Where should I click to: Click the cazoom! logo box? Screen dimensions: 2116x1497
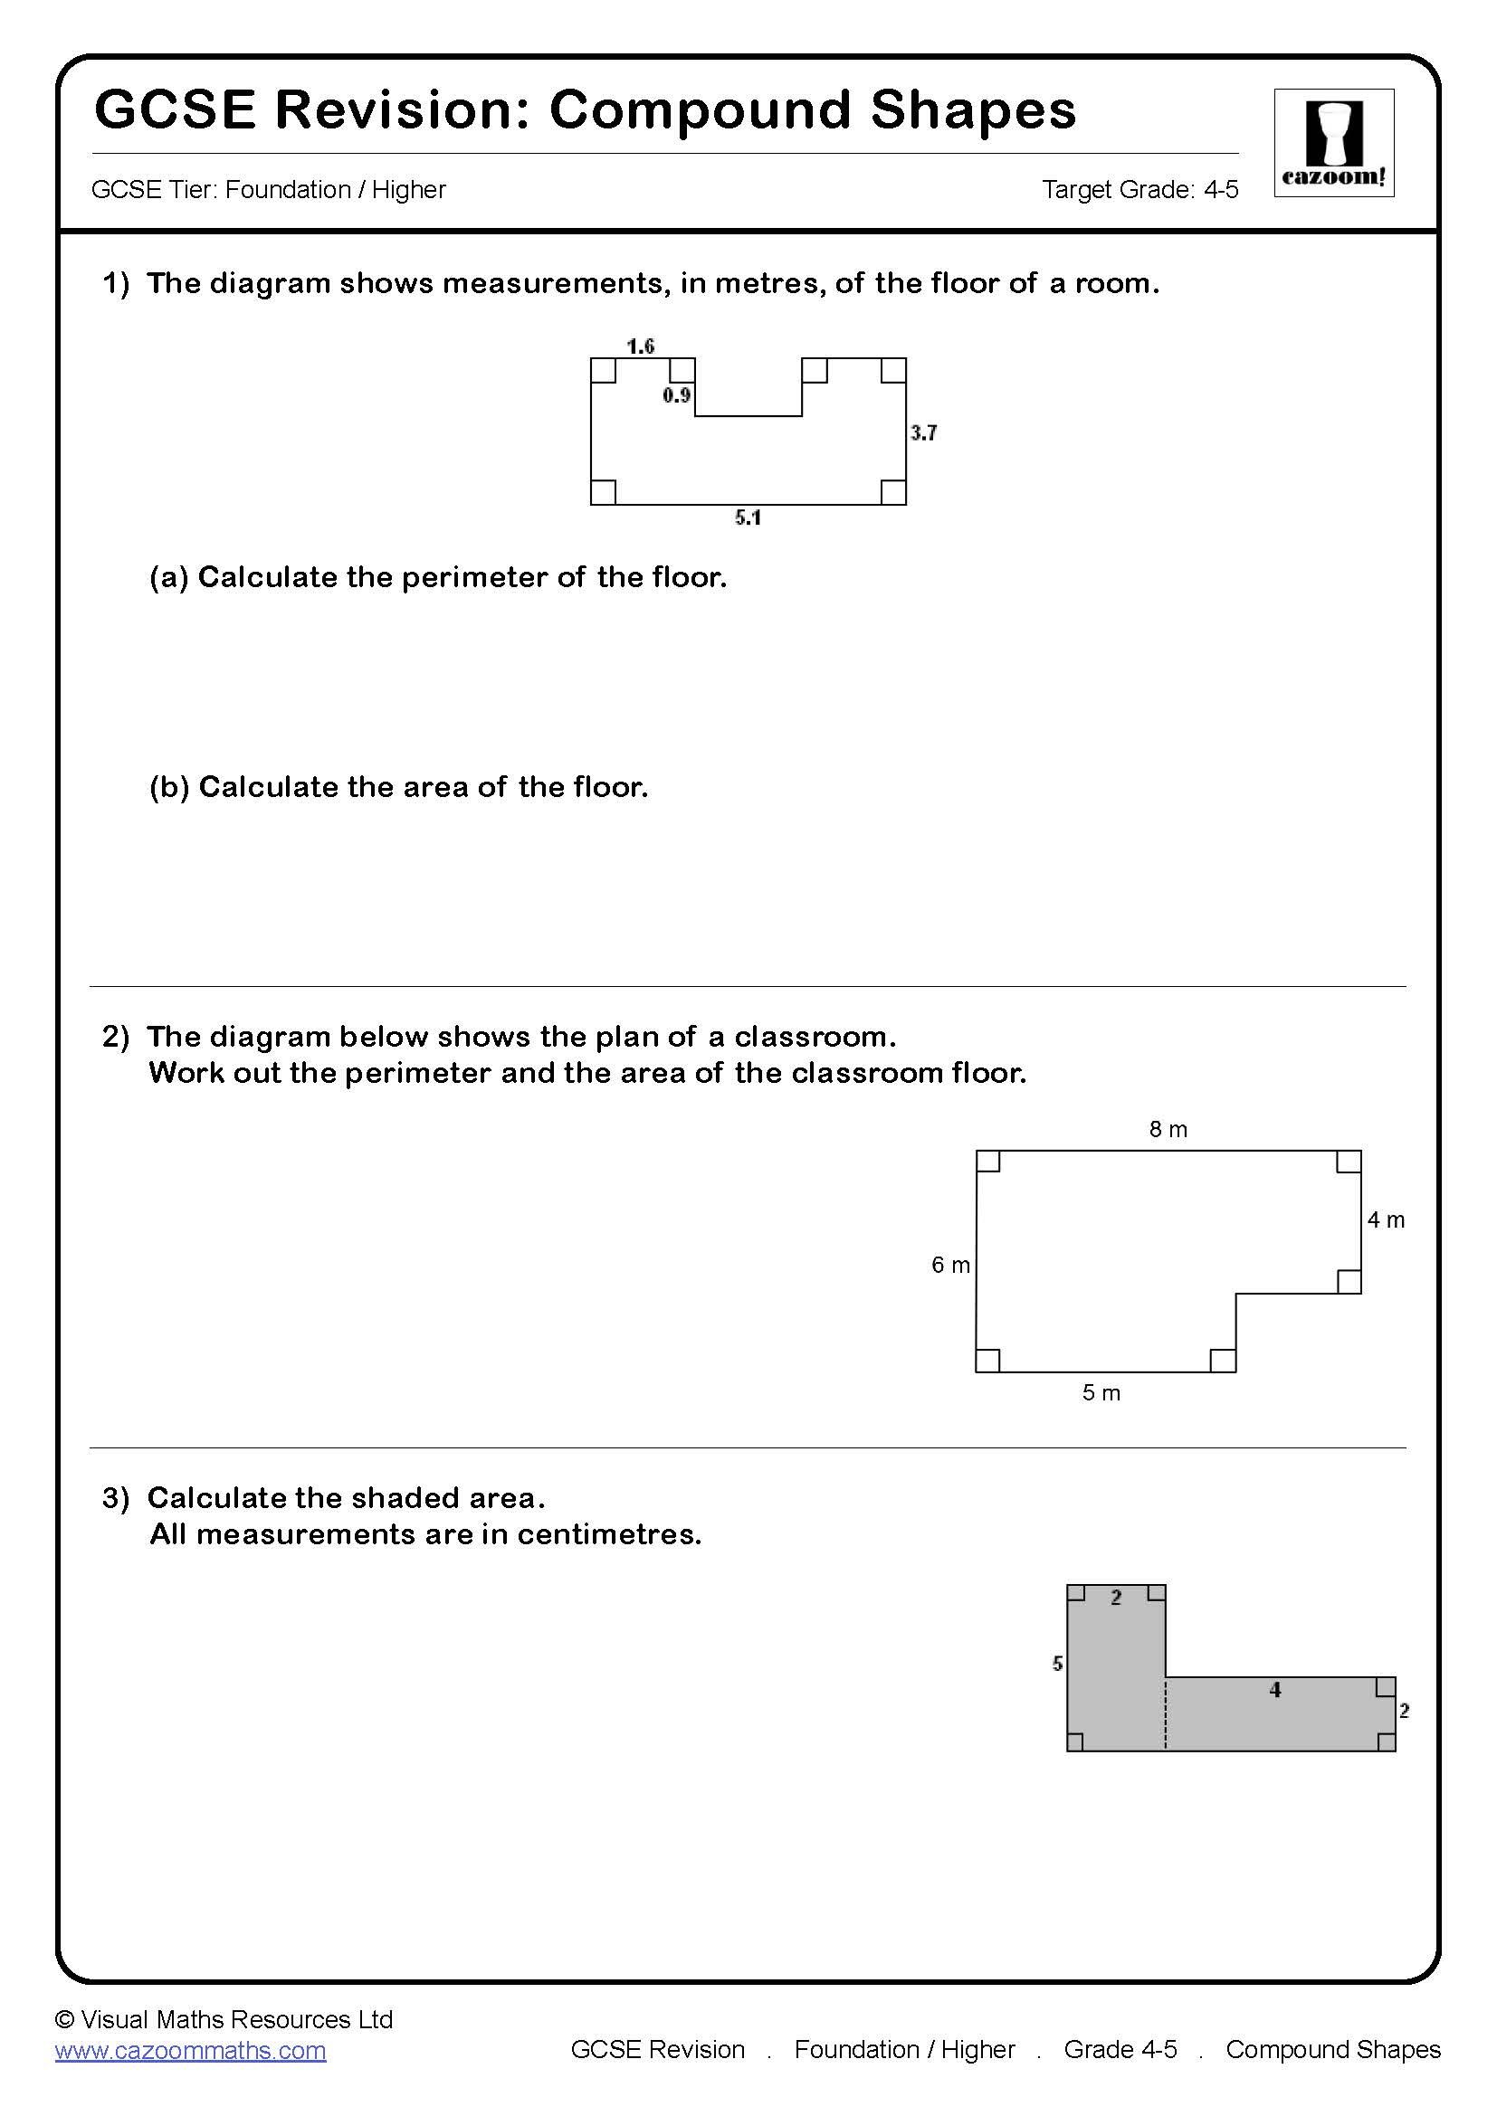pyautogui.click(x=1333, y=143)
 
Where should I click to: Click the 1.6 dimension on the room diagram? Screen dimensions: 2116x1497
pyautogui.click(x=640, y=346)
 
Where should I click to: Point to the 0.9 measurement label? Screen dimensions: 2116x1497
pyautogui.click(x=676, y=395)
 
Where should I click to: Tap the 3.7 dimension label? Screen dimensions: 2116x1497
pyautogui.click(x=924, y=432)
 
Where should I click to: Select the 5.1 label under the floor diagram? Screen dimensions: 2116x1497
pyautogui.click(x=748, y=518)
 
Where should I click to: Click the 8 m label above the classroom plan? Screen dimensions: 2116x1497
pyautogui.click(x=1168, y=1129)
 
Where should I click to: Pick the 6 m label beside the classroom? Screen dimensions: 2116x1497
pyautogui.click(x=950, y=1265)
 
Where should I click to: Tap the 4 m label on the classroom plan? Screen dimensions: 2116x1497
pyautogui.click(x=1386, y=1219)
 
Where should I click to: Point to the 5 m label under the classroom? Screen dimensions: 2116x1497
pyautogui.click(x=1101, y=1392)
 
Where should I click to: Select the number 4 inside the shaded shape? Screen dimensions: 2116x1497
pyautogui.click(x=1275, y=1689)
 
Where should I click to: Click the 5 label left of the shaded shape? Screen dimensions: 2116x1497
pyautogui.click(x=1057, y=1664)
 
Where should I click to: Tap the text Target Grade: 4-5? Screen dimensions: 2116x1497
pyautogui.click(x=1139, y=190)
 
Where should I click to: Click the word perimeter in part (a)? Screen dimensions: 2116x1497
pyautogui.click(x=472, y=578)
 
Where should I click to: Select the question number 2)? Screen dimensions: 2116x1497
pyautogui.click(x=116, y=1037)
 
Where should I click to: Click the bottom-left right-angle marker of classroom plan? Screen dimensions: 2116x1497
pyautogui.click(x=988, y=1360)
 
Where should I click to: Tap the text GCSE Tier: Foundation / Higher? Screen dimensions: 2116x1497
pyautogui.click(x=268, y=190)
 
